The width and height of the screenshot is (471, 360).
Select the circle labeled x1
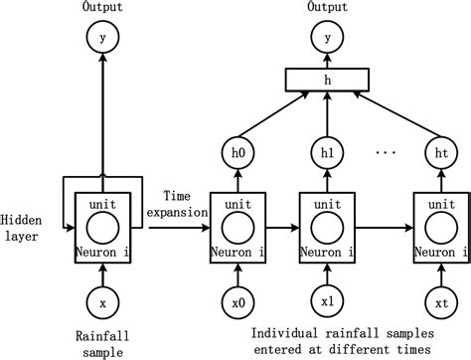tap(326, 296)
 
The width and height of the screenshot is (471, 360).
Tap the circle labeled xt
tap(439, 296)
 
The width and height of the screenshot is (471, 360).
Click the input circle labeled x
tap(101, 296)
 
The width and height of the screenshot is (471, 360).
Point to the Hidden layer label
tap(21, 227)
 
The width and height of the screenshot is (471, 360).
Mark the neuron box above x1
tap(326, 227)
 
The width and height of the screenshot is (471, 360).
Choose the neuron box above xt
tap(439, 227)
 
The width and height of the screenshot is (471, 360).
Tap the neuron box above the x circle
tap(101, 227)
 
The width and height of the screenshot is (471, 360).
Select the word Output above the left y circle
tap(101, 8)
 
